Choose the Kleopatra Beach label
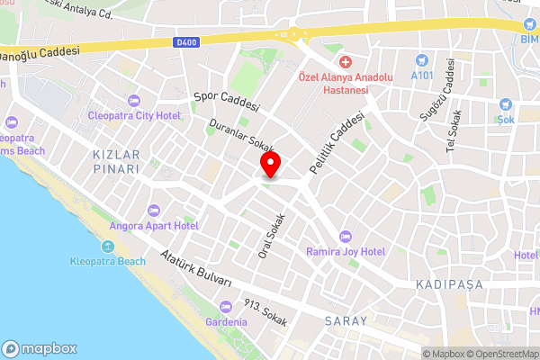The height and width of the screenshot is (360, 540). coord(107,261)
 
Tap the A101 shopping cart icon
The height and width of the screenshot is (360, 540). coord(420,60)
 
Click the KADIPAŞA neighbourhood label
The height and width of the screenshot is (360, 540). coord(449,284)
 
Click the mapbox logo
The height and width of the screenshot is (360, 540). coord(40,348)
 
